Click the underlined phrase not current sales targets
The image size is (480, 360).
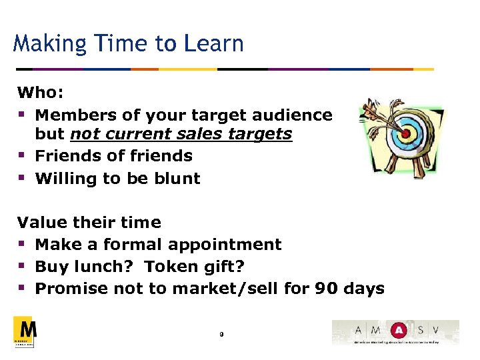pyautogui.click(x=181, y=133)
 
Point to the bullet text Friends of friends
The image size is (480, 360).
pyautogui.click(x=113, y=156)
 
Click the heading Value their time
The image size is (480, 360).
pyautogui.click(x=89, y=222)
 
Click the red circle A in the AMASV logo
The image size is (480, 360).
pyautogui.click(x=398, y=329)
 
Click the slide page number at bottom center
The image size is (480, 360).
pyautogui.click(x=221, y=333)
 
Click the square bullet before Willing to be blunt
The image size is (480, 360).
pyautogui.click(x=22, y=178)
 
